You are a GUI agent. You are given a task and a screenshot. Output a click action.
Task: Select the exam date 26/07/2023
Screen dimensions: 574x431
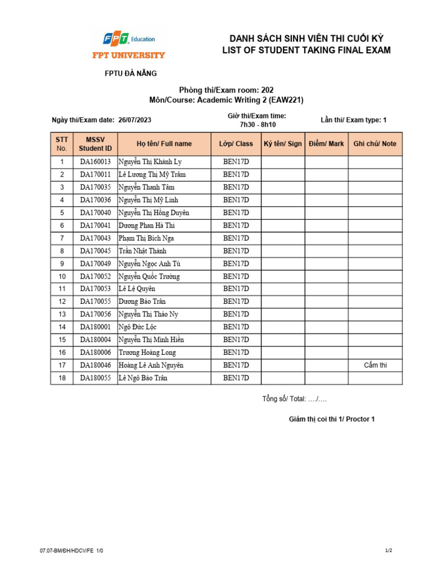(x=135, y=120)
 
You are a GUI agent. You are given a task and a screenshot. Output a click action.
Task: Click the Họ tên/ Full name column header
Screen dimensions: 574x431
(x=164, y=144)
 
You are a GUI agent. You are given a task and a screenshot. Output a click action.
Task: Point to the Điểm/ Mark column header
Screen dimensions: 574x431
(x=326, y=144)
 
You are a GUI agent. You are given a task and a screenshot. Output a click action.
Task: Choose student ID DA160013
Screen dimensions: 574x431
(x=95, y=162)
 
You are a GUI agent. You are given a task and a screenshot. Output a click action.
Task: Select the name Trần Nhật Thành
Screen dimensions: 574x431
(x=143, y=251)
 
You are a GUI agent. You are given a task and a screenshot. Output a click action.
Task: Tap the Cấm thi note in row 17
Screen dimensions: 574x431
(x=375, y=365)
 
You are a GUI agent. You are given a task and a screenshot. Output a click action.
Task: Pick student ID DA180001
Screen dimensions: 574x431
(x=95, y=327)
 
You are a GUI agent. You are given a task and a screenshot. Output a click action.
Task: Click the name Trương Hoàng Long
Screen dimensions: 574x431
(x=147, y=353)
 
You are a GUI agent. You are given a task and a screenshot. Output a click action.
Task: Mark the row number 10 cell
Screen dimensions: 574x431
(x=62, y=276)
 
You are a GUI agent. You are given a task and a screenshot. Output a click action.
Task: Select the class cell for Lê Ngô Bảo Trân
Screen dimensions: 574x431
(x=236, y=378)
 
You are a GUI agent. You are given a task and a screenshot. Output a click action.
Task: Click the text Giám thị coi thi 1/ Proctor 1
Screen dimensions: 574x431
(x=331, y=419)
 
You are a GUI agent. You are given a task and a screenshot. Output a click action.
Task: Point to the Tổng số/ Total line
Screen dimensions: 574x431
(x=295, y=399)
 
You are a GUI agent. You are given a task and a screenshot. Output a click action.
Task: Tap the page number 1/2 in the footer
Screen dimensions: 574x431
(x=388, y=551)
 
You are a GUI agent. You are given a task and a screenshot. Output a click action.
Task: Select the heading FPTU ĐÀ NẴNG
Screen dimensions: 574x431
(x=131, y=73)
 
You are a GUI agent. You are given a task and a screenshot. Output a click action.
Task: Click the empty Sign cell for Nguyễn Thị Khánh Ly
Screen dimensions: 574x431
(x=283, y=162)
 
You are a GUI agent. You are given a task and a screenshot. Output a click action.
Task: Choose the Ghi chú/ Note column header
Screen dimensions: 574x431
(x=374, y=144)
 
